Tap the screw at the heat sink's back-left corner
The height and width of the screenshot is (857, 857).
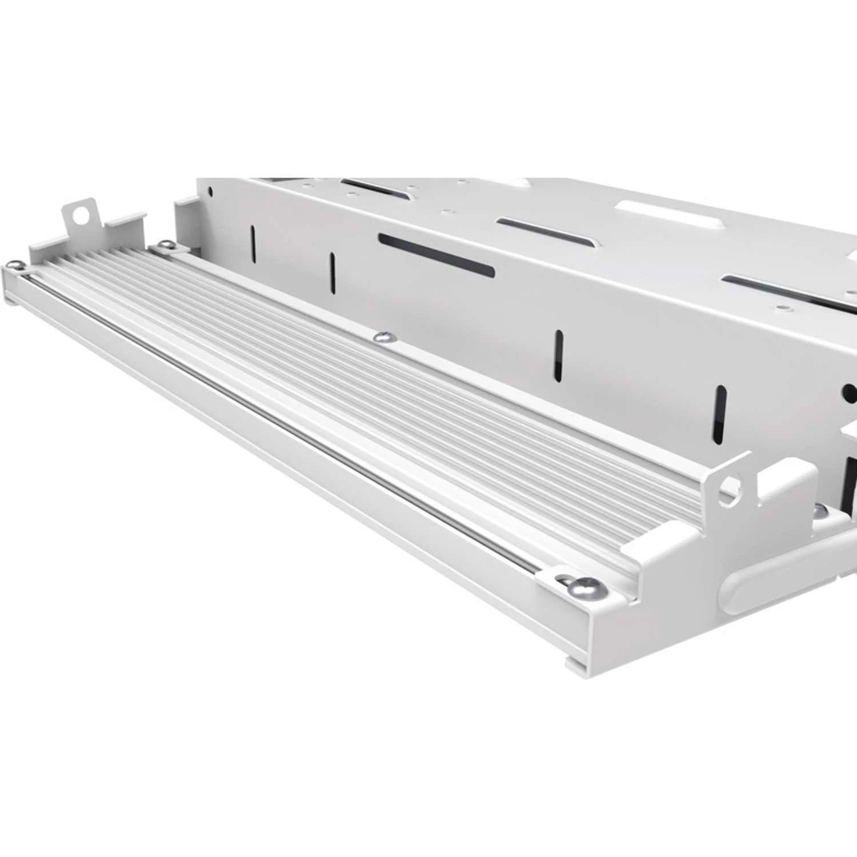(x=166, y=246)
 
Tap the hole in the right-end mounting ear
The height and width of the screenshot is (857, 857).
(x=728, y=488)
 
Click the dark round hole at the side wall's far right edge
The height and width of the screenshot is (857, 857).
(x=850, y=393)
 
